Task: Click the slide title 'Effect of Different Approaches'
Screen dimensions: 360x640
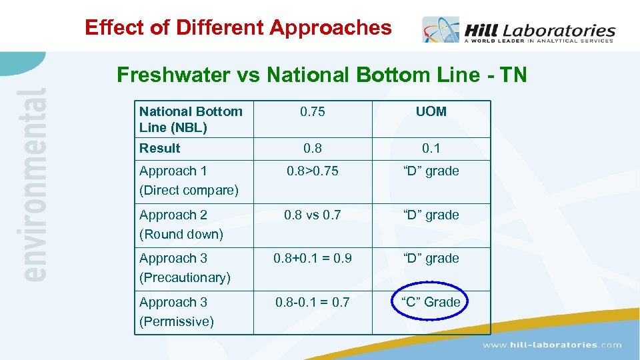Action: point(238,27)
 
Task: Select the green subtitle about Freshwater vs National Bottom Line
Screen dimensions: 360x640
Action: point(321,74)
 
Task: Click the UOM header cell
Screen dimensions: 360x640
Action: point(431,111)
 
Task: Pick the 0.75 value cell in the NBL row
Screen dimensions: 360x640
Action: point(312,111)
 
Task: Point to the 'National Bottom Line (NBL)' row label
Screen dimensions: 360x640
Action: point(191,119)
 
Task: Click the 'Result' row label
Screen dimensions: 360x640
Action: point(160,148)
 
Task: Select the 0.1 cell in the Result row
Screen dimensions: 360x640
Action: point(431,148)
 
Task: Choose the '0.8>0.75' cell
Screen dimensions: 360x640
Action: point(312,171)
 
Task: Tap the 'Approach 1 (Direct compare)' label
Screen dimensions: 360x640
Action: point(189,180)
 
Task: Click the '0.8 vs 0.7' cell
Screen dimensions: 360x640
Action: point(312,215)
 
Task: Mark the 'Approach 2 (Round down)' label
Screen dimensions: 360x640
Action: point(181,224)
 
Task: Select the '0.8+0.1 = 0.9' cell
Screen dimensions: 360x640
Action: point(312,258)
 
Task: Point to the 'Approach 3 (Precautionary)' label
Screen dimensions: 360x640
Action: point(185,267)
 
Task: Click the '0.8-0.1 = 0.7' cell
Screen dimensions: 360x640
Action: point(312,302)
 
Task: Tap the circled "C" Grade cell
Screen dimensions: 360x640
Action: point(431,302)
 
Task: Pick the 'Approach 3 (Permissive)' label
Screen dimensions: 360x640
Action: point(177,311)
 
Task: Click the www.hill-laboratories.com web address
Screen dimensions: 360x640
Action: point(552,345)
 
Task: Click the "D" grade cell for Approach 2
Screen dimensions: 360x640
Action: point(431,215)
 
